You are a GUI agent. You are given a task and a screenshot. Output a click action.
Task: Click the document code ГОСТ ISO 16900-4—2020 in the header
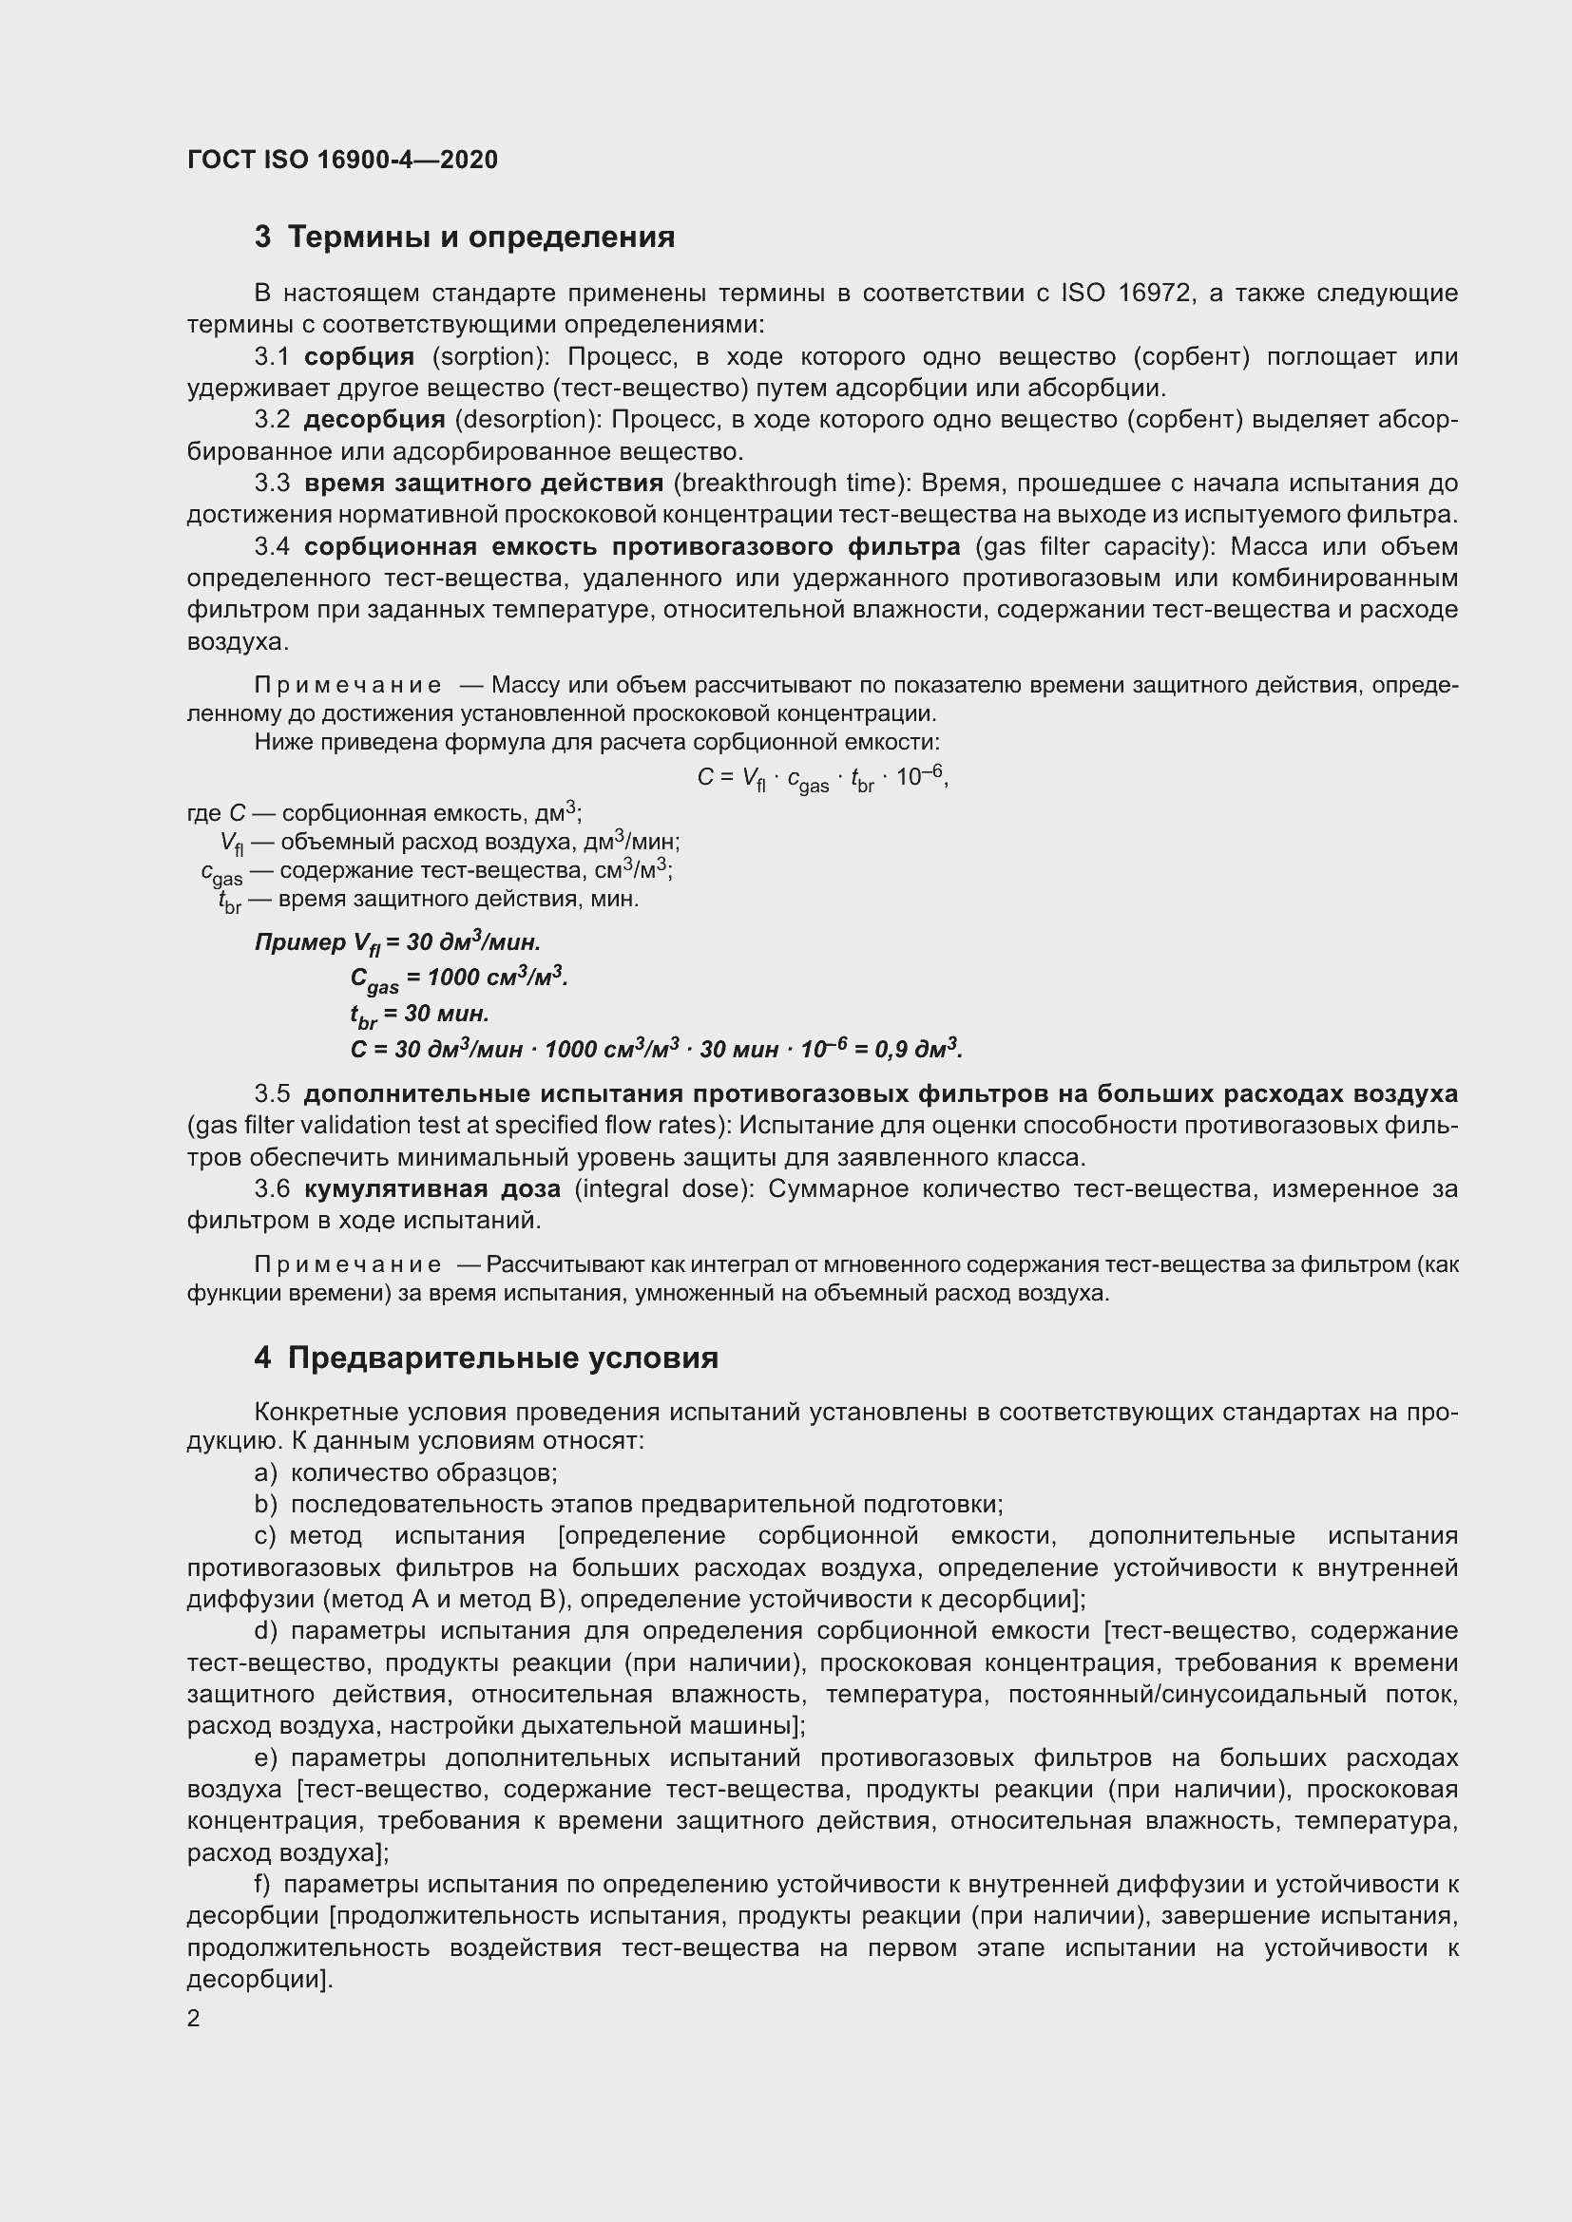[x=343, y=160]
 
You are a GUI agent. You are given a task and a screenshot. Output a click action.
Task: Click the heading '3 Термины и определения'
[x=465, y=237]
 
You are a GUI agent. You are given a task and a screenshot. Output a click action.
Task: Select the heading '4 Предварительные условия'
[x=486, y=1358]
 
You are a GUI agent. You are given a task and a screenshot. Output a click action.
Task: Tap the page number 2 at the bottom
[x=194, y=2018]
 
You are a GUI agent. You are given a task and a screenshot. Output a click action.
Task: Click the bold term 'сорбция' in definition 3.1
[x=359, y=357]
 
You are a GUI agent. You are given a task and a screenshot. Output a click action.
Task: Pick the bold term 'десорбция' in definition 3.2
[x=374, y=420]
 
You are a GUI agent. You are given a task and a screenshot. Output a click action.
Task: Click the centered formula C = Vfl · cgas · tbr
[x=822, y=778]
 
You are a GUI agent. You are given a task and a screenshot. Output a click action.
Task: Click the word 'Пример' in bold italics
[x=300, y=942]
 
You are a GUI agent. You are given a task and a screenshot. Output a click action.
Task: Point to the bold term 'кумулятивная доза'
[x=431, y=1188]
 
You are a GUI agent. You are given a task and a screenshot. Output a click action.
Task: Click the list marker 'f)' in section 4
[x=262, y=1884]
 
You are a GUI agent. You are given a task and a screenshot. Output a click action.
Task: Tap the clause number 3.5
[x=272, y=1094]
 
